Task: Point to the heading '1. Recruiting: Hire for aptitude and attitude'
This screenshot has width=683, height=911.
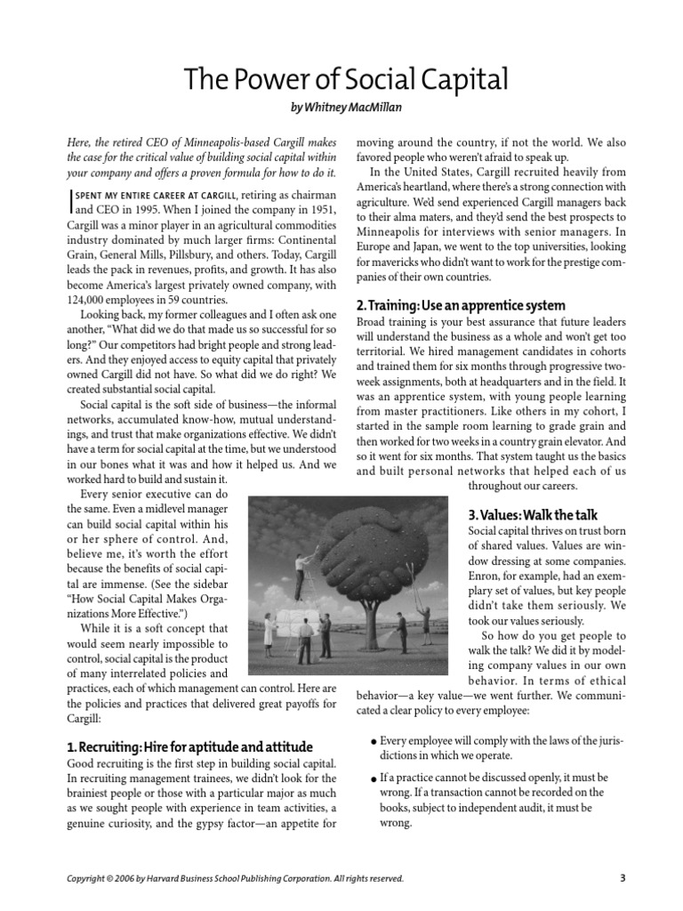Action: tap(189, 746)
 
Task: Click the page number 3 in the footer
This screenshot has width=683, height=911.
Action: tap(622, 878)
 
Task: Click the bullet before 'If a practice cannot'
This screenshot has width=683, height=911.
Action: tap(372, 778)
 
